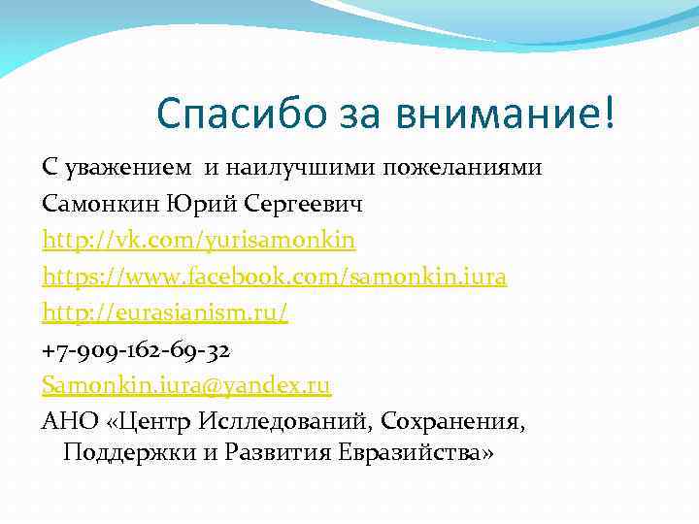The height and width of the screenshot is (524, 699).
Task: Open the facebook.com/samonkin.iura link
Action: click(275, 278)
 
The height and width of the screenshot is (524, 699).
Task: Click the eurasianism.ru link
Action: click(165, 313)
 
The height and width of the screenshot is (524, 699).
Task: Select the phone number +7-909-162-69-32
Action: click(136, 349)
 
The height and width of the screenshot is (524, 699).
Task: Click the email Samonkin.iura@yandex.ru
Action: click(186, 386)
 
